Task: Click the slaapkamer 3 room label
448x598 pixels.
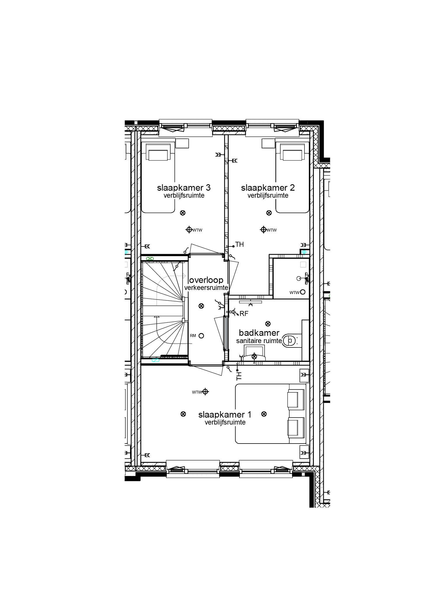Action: click(x=184, y=187)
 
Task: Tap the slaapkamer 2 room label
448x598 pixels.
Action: click(x=268, y=187)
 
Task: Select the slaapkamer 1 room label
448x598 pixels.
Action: click(x=225, y=415)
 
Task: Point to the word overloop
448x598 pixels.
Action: click(x=206, y=280)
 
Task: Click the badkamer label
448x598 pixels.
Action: click(x=259, y=333)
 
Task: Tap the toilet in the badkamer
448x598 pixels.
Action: click(x=290, y=340)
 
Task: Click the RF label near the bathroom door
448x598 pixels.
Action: click(x=244, y=314)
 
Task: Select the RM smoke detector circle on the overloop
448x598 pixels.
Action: click(x=201, y=336)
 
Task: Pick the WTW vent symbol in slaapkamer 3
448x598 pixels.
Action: click(x=189, y=230)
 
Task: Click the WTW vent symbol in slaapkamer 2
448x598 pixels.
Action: click(x=263, y=230)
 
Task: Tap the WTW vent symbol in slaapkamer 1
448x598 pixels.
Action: click(x=205, y=392)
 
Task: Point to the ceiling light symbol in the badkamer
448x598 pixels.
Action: click(x=268, y=324)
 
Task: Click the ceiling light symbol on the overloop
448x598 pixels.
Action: click(x=201, y=306)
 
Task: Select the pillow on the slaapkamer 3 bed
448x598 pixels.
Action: click(x=158, y=155)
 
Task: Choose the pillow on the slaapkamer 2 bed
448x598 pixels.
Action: click(x=292, y=155)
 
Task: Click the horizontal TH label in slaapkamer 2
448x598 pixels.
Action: click(x=239, y=244)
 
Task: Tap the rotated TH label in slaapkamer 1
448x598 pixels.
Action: click(x=239, y=376)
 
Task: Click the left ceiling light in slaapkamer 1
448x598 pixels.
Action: click(x=183, y=414)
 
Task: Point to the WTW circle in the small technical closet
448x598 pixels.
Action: click(x=303, y=292)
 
